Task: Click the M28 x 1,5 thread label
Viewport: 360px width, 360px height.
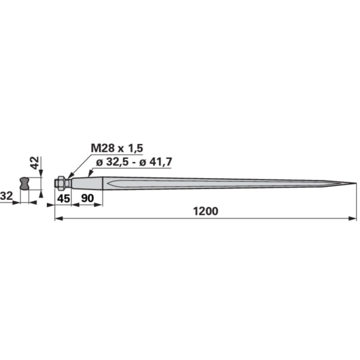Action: point(117,148)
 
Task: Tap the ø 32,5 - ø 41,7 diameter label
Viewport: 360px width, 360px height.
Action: point(134,162)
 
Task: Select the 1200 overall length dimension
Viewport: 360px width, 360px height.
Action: point(205,211)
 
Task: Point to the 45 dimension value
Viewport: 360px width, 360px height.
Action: point(64,199)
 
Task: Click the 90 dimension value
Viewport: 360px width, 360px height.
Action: point(88,198)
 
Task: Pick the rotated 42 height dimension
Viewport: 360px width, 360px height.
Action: point(35,163)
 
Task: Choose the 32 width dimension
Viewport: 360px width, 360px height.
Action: point(6,196)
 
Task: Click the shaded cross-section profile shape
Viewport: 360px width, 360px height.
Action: point(25,183)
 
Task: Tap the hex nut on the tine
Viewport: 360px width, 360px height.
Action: point(61,183)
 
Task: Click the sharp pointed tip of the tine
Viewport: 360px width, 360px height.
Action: point(356,183)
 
